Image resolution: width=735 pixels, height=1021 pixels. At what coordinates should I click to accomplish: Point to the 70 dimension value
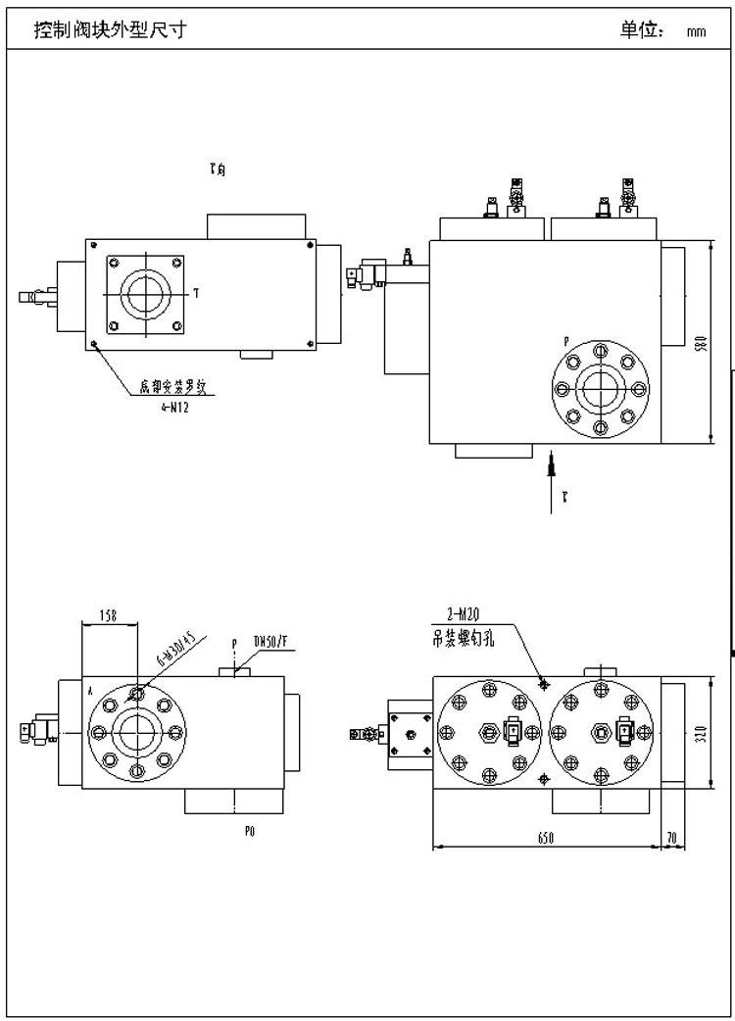coord(671,836)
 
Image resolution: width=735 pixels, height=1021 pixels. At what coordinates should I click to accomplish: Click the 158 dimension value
coord(109,616)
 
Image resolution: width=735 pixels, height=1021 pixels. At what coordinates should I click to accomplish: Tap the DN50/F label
coord(269,642)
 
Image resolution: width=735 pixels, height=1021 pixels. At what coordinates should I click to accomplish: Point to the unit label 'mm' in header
coord(697,31)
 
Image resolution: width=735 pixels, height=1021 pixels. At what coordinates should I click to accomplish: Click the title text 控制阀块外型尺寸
coord(110,30)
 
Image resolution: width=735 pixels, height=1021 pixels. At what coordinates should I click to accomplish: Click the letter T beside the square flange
coord(196,292)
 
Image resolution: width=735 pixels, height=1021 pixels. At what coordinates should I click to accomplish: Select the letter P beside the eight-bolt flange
coord(565,342)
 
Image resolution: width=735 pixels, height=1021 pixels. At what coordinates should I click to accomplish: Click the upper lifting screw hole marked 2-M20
coord(544,683)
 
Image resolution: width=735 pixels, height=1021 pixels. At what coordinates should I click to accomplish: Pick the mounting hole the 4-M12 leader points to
coord(94,345)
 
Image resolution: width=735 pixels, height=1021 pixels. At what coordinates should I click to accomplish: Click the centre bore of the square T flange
coord(146,293)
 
